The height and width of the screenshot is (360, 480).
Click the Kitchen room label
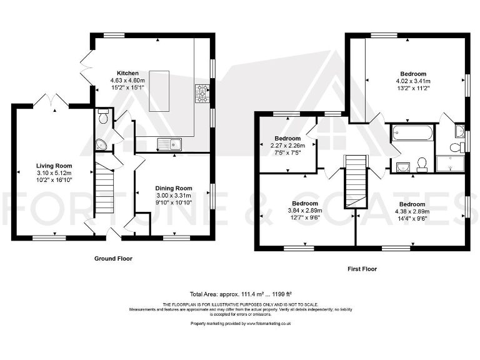[x=127, y=73]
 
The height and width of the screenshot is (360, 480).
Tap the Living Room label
[x=54, y=166]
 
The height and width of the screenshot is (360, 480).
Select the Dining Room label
[x=174, y=188]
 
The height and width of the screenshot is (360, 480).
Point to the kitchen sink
[x=169, y=144]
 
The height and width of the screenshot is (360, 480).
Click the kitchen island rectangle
[x=159, y=91]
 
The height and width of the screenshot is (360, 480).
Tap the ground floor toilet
[x=103, y=116]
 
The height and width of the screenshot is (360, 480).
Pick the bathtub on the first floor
[x=412, y=133]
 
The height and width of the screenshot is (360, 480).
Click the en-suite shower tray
[x=450, y=163]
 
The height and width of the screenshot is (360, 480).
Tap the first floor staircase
[x=356, y=182]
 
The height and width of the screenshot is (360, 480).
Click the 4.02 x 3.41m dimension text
[x=413, y=81]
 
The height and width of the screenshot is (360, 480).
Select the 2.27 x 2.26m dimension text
[x=287, y=146]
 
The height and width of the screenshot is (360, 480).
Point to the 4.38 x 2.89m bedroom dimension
[x=412, y=211]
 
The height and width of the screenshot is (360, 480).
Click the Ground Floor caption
[x=113, y=259]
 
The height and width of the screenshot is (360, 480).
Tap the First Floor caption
[x=362, y=269]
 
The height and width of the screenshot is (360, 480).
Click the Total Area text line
[x=241, y=294]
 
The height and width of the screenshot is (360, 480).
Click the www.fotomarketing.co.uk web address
[x=269, y=324]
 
